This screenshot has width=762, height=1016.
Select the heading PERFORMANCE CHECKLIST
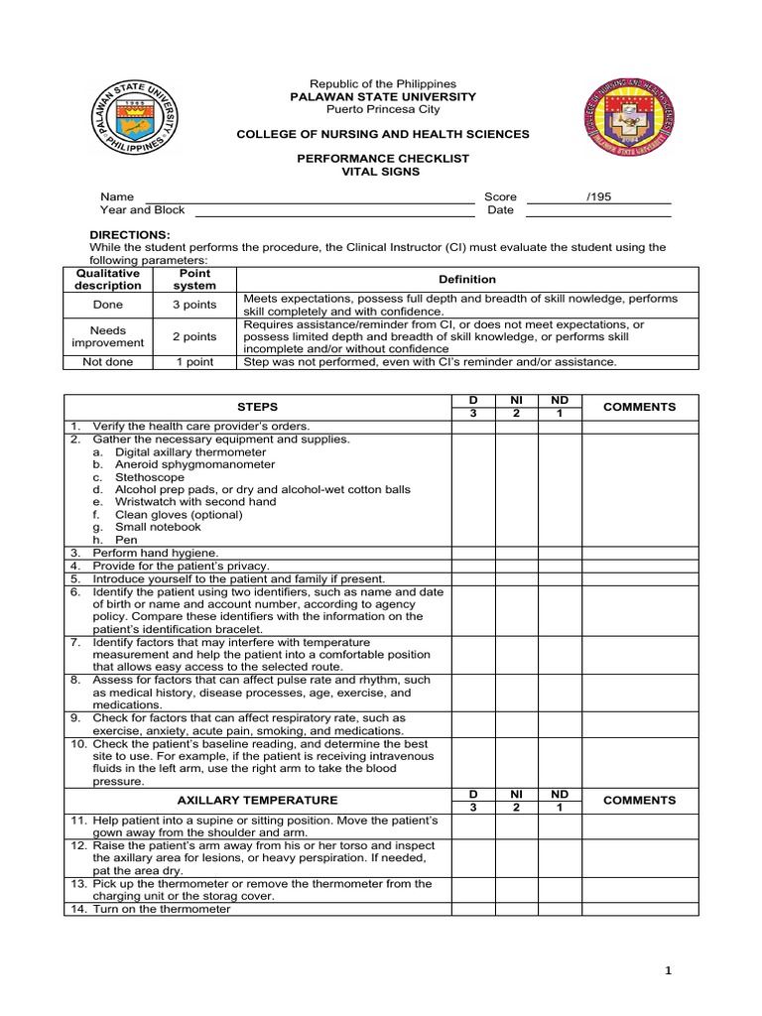tap(381, 158)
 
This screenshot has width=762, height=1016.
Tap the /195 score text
tap(598, 196)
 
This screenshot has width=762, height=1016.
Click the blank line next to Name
tap(310, 197)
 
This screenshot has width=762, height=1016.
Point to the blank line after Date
tap(597, 210)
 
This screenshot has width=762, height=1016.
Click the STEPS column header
tap(258, 407)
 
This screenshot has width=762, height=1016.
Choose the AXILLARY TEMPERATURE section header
tap(258, 800)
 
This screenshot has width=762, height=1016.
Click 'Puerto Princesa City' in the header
tap(381, 109)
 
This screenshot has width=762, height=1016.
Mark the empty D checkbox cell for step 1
tap(473, 427)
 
